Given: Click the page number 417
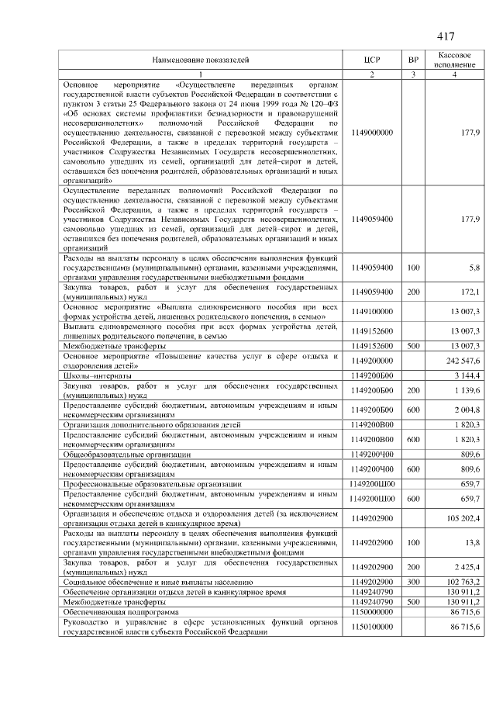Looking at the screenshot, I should click(445, 37).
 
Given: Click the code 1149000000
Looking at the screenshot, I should click(372, 133).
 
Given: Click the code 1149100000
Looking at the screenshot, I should click(372, 311).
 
